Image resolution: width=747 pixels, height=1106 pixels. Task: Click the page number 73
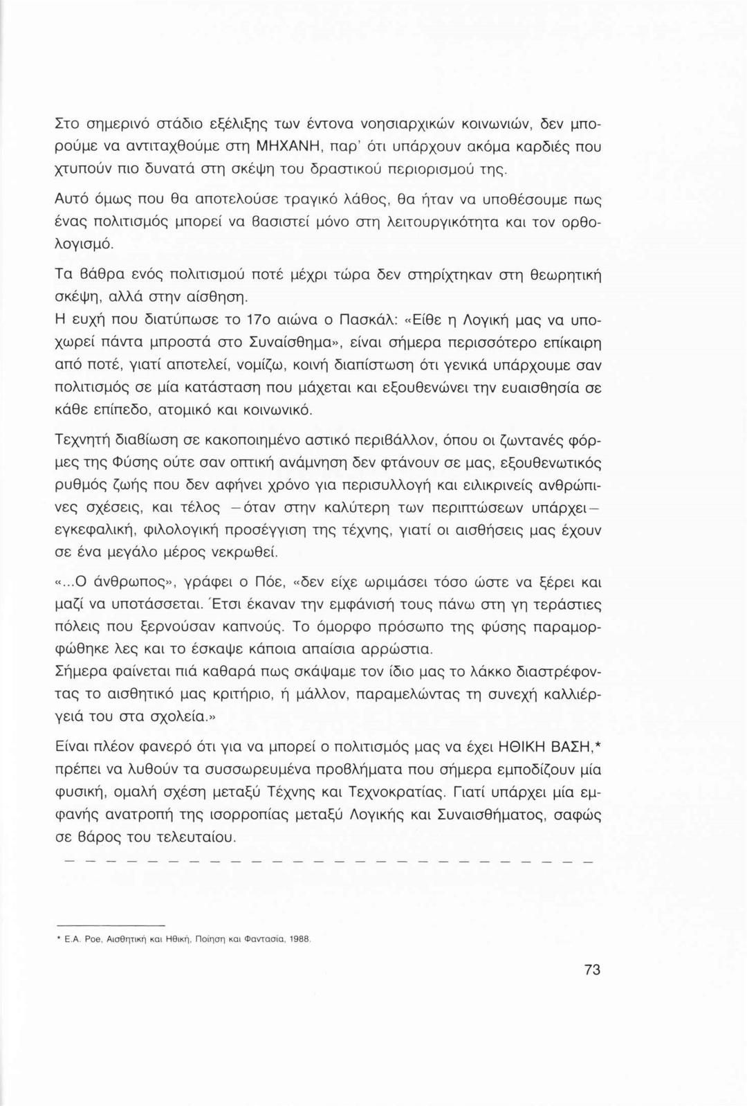(x=592, y=970)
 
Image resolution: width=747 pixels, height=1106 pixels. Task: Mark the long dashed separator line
(x=329, y=862)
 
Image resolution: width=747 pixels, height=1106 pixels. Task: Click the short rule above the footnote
(x=111, y=925)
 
